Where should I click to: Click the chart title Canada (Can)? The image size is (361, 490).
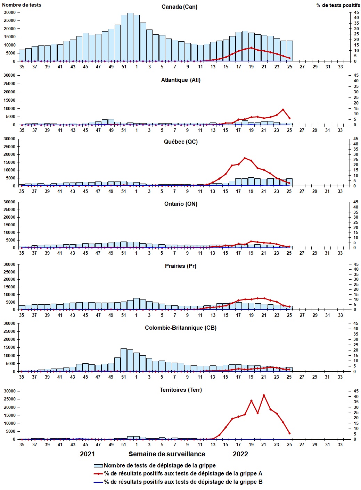pos(179,7)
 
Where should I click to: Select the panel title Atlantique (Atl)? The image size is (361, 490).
pos(181,80)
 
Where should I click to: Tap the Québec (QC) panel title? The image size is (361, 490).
pos(181,142)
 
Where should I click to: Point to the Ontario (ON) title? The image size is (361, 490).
pos(181,204)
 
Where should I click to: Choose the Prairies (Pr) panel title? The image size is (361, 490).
pos(181,266)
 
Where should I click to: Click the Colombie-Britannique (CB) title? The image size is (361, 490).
pos(181,328)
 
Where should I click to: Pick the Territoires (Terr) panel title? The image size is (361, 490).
pos(181,390)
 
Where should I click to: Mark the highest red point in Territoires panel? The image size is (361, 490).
pos(264,395)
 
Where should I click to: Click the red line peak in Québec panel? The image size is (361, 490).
pos(245,158)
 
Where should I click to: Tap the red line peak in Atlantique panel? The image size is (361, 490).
pos(283,110)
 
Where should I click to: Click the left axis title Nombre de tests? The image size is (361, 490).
pos(22,5)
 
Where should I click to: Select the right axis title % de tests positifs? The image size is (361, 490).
pos(338,5)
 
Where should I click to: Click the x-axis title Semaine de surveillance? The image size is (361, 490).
pos(167,454)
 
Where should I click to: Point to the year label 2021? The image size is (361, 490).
pos(87,454)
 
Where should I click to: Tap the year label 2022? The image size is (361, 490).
pos(240,454)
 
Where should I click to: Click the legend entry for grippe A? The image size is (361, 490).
pos(183,474)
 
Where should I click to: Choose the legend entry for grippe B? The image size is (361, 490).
pos(183,482)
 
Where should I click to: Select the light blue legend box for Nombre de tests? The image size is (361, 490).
pos(98,466)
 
